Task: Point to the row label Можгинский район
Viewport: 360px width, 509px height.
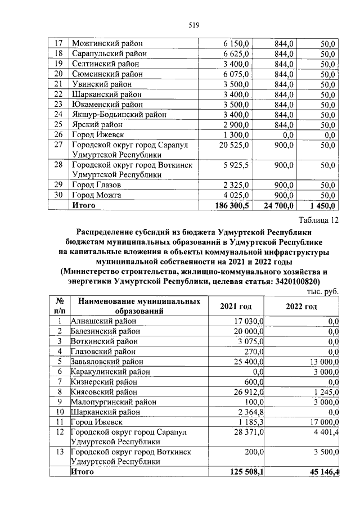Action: tap(107, 43)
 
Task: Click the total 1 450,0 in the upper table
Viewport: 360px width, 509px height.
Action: tap(322, 205)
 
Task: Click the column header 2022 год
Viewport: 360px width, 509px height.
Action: tap(301, 307)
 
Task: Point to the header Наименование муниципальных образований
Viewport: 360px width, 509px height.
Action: tap(139, 306)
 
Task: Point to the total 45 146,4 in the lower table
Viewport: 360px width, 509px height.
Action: tap(323, 472)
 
